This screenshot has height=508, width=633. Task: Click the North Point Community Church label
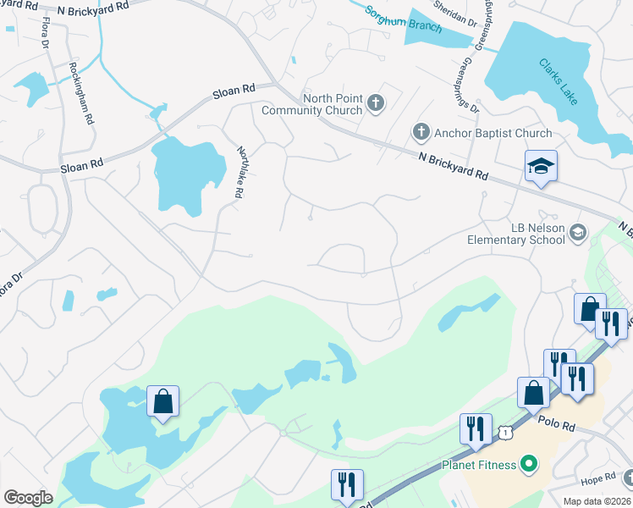point(311,104)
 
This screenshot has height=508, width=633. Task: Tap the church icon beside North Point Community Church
point(377,105)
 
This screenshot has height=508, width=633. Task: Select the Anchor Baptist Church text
point(493,133)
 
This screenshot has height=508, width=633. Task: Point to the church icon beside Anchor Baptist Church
point(421,132)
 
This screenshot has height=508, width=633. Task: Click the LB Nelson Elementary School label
point(516,234)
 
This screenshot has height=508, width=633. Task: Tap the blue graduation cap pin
point(540,167)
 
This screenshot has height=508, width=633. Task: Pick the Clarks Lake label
point(559,81)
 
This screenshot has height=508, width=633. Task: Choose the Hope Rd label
point(598,479)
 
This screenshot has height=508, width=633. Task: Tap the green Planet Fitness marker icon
point(531,464)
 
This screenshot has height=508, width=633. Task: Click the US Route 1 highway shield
point(505,433)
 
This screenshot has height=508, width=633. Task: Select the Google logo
point(28,498)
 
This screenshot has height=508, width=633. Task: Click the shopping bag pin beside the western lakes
point(162,402)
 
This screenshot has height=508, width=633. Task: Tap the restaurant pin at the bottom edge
point(346,485)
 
